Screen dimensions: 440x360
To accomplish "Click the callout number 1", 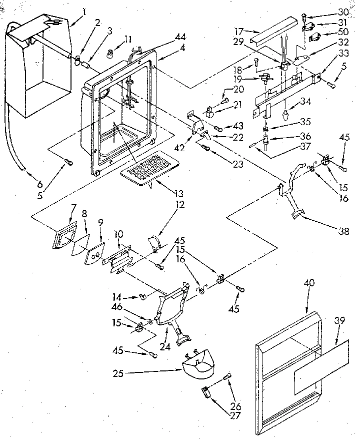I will tap(84, 11).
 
